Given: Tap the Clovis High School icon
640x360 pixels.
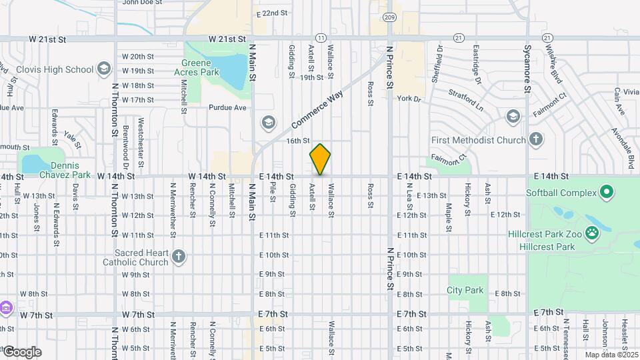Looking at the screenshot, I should [103, 69].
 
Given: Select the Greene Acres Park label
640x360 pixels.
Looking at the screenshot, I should [196, 68].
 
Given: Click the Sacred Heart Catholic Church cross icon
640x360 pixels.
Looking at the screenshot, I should [178, 257].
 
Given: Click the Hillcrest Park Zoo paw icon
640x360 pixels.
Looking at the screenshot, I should [591, 233].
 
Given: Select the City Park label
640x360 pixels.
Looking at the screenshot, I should [465, 290].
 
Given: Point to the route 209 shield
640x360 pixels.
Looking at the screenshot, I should [390, 17].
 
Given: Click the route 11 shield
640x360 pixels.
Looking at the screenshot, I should [321, 38].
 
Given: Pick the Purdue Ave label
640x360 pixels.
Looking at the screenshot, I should [227, 107].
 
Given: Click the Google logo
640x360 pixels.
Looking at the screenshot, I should [21, 352].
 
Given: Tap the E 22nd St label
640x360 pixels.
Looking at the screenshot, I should [273, 13].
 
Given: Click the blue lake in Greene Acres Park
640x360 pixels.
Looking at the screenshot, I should [229, 69].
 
